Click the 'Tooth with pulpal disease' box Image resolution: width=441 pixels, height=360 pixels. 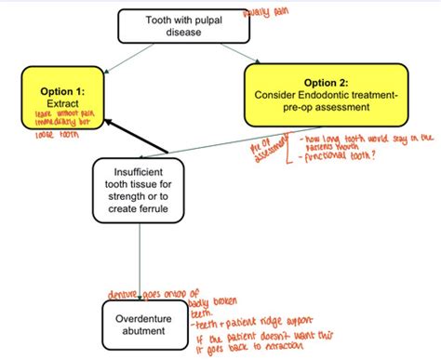tap(184, 26)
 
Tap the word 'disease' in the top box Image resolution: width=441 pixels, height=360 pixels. tap(184, 33)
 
